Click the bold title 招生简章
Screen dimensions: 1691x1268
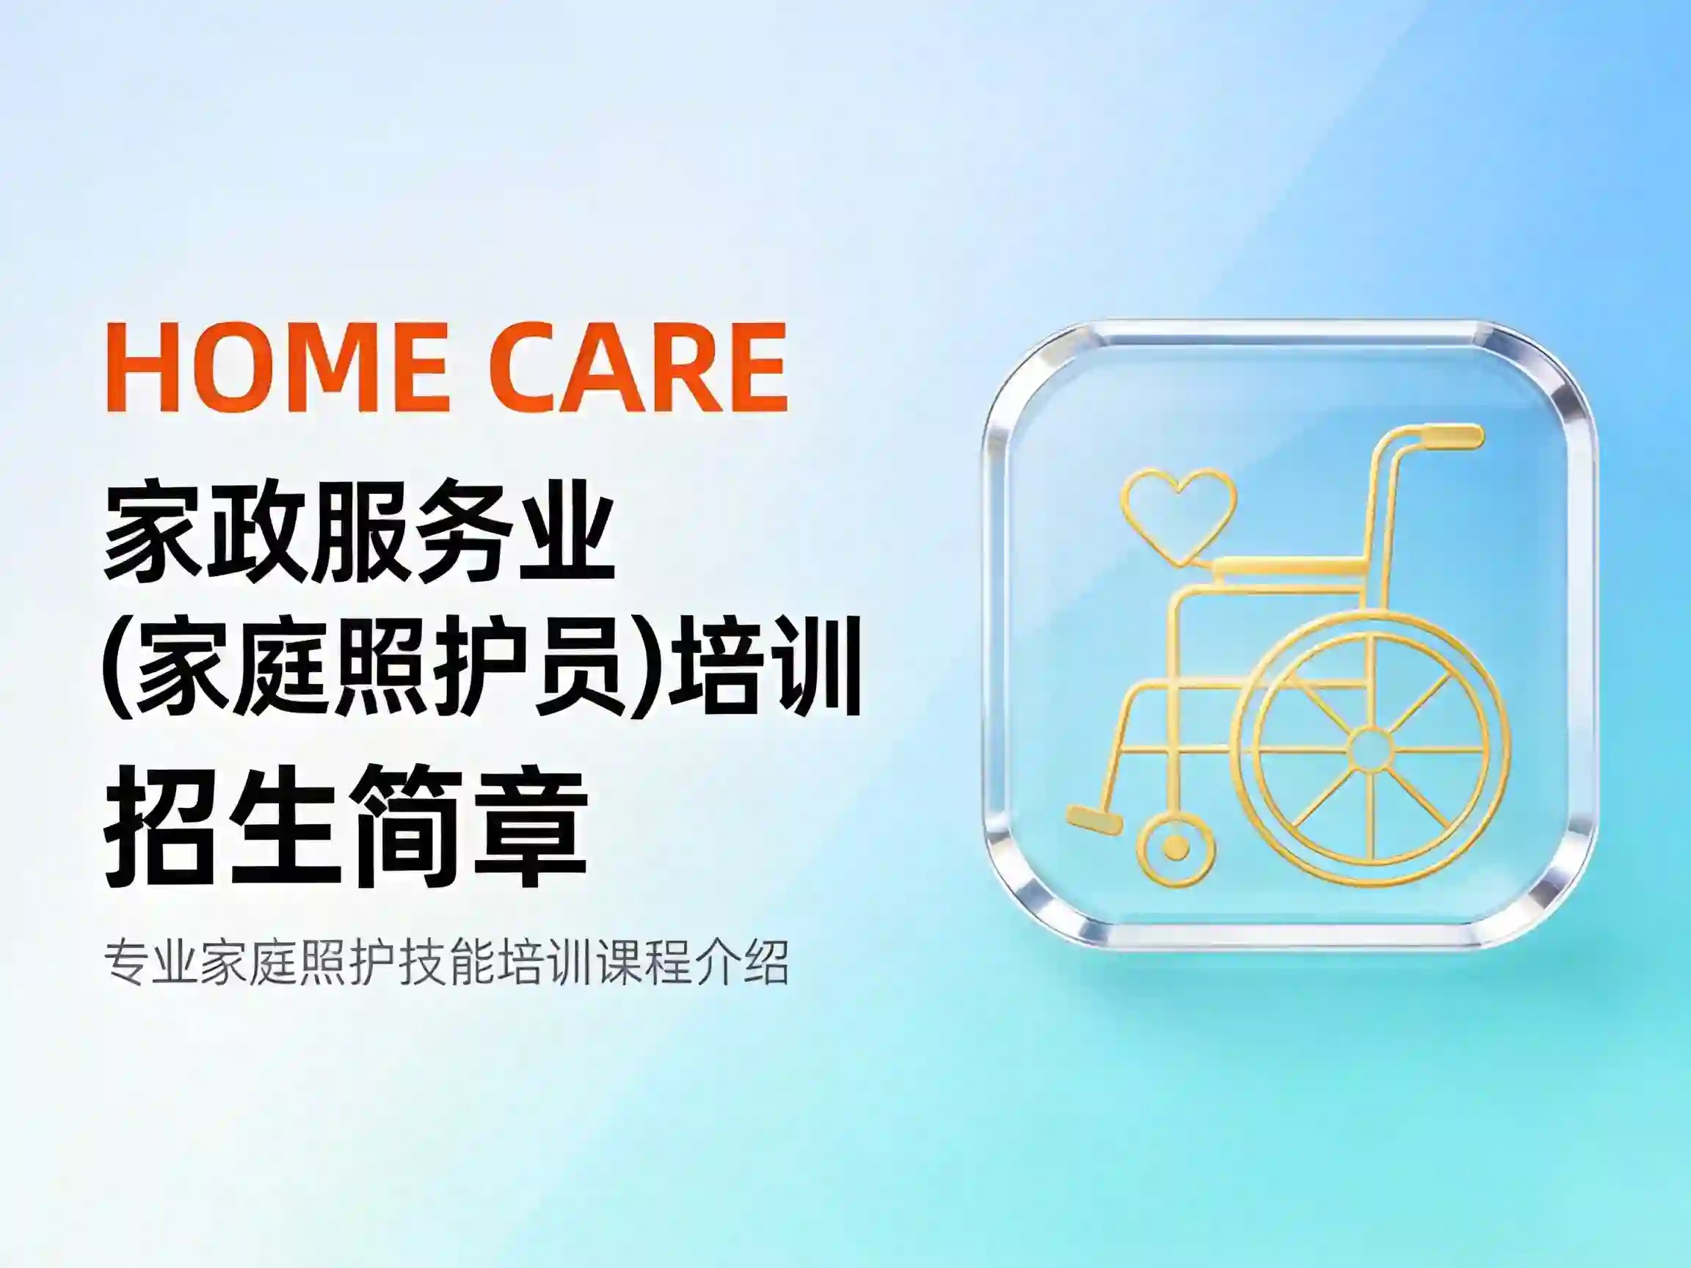pos(346,828)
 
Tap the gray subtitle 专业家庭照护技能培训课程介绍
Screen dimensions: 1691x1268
pos(446,962)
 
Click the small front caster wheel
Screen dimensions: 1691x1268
pos(1176,847)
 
